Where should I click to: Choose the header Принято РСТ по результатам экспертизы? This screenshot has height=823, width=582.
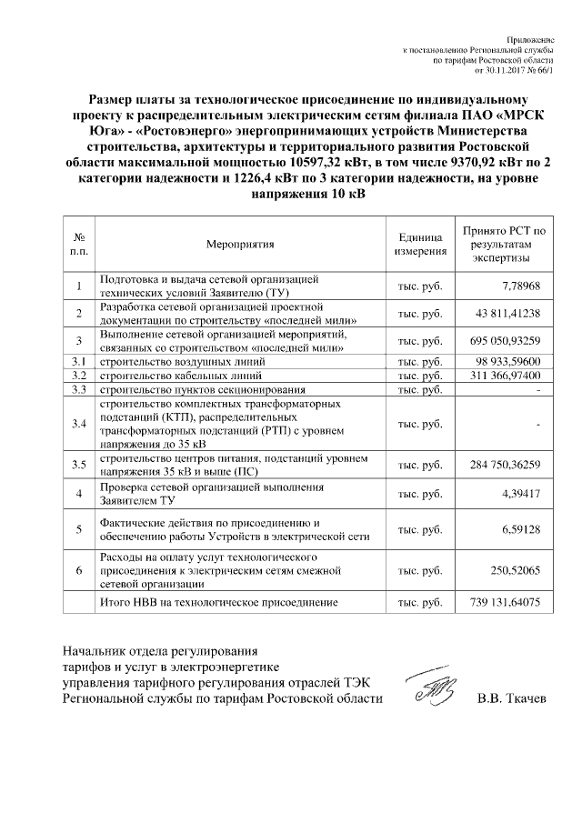[502, 244]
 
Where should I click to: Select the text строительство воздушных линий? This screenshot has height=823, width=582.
[178, 362]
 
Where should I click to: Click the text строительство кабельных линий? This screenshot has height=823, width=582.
[178, 376]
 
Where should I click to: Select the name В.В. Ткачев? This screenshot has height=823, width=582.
[511, 698]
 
